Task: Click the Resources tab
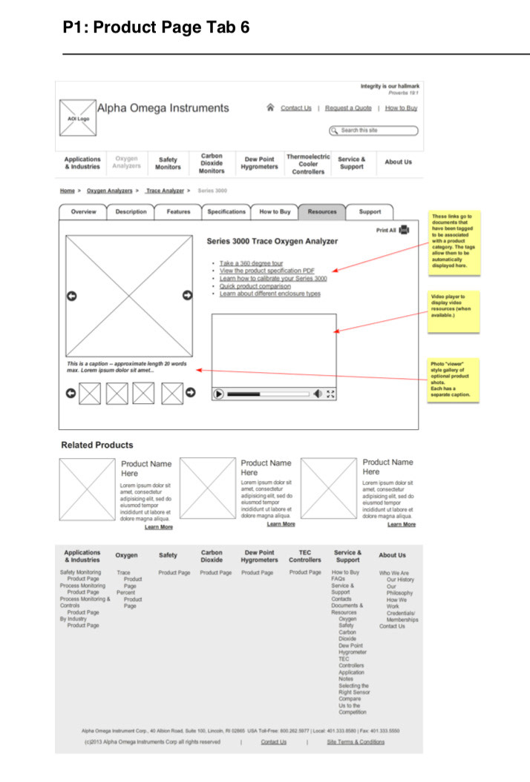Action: pyautogui.click(x=322, y=212)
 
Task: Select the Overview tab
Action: pyautogui.click(x=84, y=212)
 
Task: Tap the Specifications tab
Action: pyautogui.click(x=226, y=212)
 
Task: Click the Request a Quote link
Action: pyautogui.click(x=348, y=108)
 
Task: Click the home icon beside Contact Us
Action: pyautogui.click(x=270, y=108)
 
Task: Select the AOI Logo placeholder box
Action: pyautogui.click(x=78, y=119)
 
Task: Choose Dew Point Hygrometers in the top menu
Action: pyautogui.click(x=259, y=163)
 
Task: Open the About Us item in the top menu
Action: pyautogui.click(x=398, y=162)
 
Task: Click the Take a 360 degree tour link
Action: pyautogui.click(x=251, y=263)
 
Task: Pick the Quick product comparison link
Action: pyautogui.click(x=255, y=286)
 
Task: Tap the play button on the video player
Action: pyautogui.click(x=218, y=394)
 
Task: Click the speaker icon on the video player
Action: pyautogui.click(x=318, y=394)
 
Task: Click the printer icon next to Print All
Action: pyautogui.click(x=405, y=231)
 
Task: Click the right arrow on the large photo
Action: pyautogui.click(x=187, y=296)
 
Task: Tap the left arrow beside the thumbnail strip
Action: pyautogui.click(x=71, y=393)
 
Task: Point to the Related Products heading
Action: pyautogui.click(x=97, y=445)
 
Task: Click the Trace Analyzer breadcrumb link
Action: pyautogui.click(x=165, y=191)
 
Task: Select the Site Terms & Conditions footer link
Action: pyautogui.click(x=356, y=742)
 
